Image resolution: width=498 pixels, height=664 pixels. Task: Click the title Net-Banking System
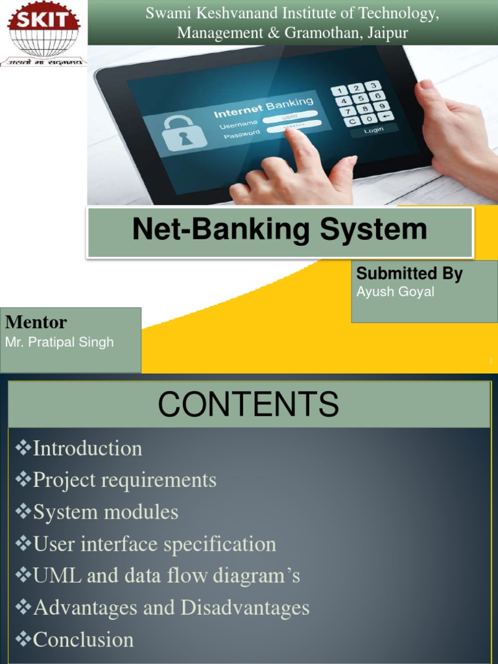point(279,230)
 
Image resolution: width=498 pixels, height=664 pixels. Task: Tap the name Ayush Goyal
point(396,292)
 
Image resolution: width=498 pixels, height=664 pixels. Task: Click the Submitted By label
point(409,274)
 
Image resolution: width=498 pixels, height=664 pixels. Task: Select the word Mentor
point(36,322)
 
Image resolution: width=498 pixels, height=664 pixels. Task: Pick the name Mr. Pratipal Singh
point(59,342)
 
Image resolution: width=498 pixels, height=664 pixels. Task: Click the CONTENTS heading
point(248,405)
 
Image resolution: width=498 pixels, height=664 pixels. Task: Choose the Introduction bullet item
point(88,448)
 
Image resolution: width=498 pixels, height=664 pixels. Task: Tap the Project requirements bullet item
point(124,480)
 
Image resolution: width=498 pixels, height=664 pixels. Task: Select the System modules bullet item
point(106,512)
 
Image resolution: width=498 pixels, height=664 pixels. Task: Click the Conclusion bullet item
point(83,639)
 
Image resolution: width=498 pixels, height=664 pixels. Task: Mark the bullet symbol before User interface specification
point(23,544)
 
